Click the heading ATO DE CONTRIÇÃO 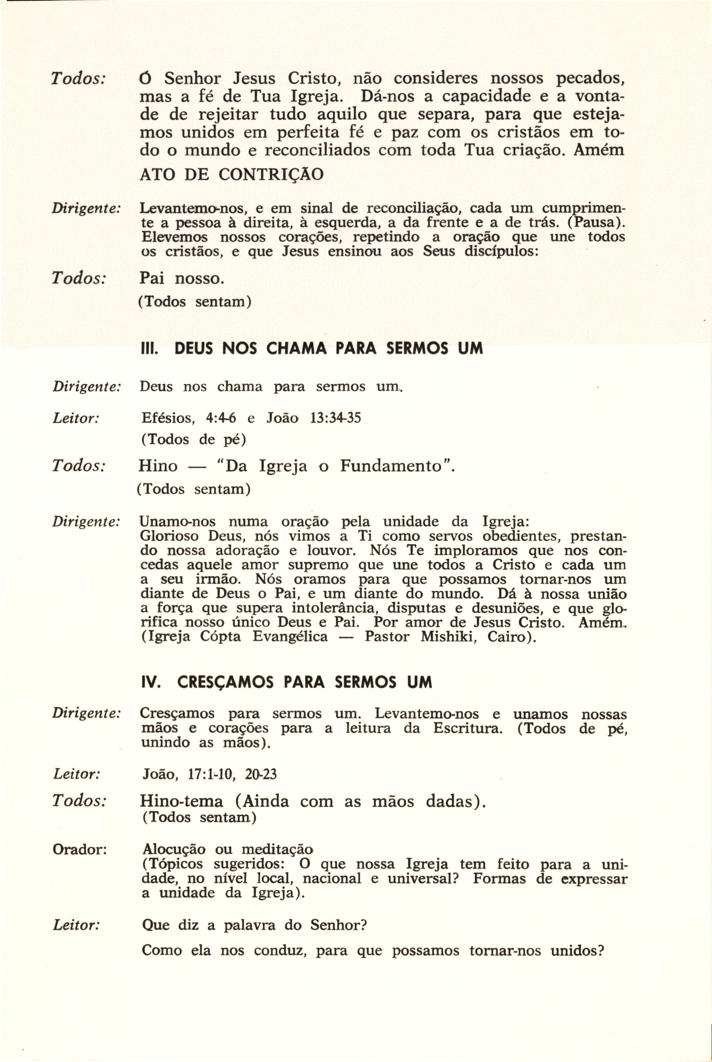click(x=232, y=175)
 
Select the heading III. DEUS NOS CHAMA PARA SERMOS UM click(x=311, y=349)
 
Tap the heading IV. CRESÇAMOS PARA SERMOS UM click(x=286, y=683)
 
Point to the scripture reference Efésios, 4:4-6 click(x=189, y=418)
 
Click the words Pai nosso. click(x=182, y=278)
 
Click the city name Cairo click(x=508, y=637)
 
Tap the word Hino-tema click(x=182, y=801)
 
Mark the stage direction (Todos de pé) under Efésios click(x=194, y=440)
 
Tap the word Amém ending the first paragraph click(x=598, y=151)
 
